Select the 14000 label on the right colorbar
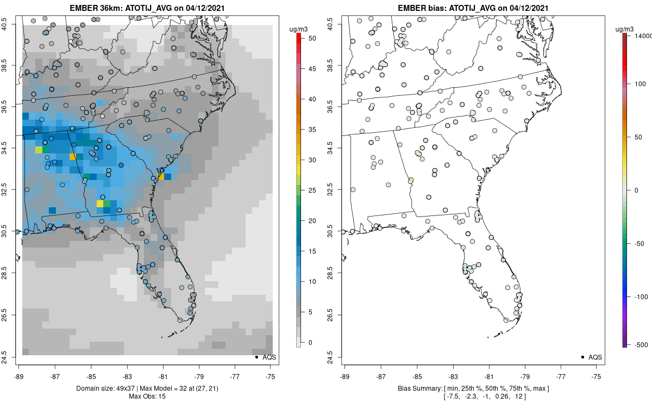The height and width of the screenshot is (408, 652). (x=642, y=35)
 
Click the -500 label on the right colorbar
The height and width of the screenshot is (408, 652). (x=641, y=344)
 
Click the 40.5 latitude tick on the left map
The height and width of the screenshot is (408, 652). (x=11, y=24)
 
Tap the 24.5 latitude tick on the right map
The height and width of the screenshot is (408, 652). (x=337, y=357)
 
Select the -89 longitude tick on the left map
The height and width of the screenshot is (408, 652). (x=19, y=376)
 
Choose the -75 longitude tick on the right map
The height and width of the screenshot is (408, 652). (x=597, y=376)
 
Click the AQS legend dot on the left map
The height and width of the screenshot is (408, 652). (x=256, y=357)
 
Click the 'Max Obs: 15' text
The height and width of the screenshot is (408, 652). (x=147, y=397)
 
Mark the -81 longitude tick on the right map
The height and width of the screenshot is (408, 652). (x=489, y=376)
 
